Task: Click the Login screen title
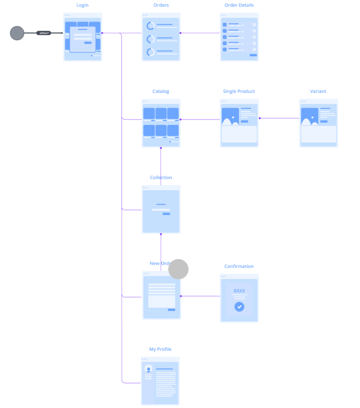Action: click(82, 5)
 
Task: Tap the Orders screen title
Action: click(161, 5)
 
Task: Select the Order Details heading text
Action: click(239, 5)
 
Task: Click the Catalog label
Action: click(161, 92)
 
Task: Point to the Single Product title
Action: click(239, 92)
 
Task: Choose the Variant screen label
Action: click(318, 92)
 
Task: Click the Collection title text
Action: click(161, 178)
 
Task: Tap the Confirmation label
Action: click(239, 267)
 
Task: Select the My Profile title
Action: click(160, 349)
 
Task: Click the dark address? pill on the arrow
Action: click(44, 33)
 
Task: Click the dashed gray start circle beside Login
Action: click(17, 33)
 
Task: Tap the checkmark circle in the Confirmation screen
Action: click(239, 307)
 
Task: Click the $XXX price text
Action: click(239, 291)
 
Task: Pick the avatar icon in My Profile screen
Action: click(148, 369)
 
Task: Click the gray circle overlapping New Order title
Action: click(178, 269)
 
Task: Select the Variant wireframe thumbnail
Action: click(318, 123)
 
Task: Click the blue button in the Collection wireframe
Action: click(166, 214)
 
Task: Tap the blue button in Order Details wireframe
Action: click(253, 55)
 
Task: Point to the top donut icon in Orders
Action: click(150, 26)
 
